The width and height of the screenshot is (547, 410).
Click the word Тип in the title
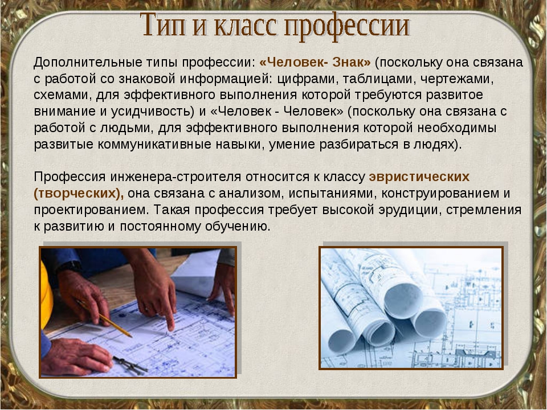[x=164, y=24]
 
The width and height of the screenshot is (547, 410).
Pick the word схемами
[x=63, y=95]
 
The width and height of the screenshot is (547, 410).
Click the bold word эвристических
[x=419, y=178]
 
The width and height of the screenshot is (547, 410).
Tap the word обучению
[x=238, y=227]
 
